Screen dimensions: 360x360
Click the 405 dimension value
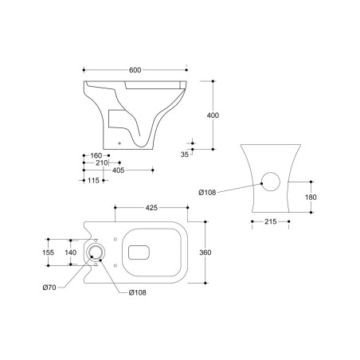[117, 170]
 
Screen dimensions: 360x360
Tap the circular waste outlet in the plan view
[96, 252]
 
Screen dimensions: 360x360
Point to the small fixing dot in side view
[120, 143]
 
